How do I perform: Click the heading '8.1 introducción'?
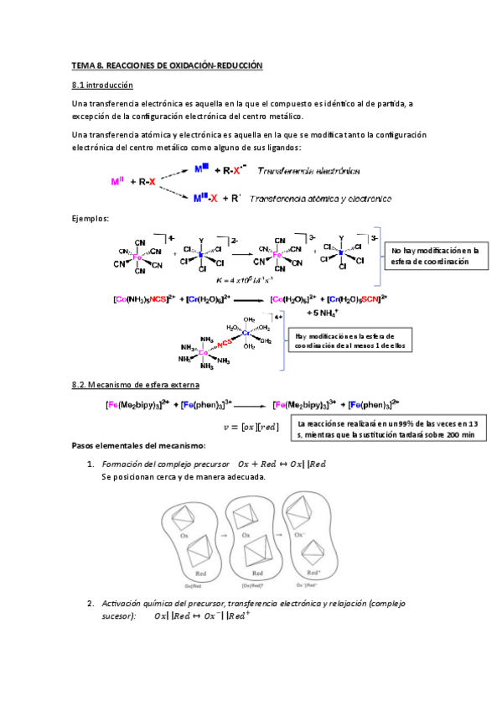point(102,86)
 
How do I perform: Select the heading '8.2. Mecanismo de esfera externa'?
point(135,385)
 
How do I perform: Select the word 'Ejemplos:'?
point(91,219)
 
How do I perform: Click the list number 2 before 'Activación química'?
point(91,603)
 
